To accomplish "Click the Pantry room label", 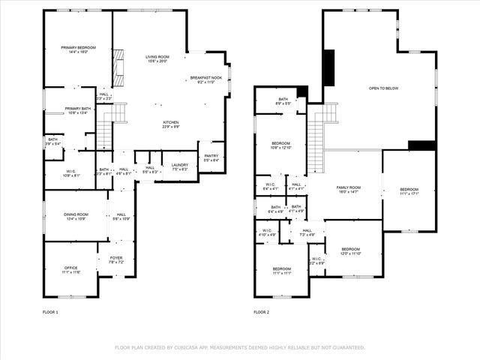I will pos(211,157).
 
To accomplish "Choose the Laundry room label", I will pos(179,166).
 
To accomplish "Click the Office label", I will pos(70,268).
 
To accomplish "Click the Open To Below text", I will pos(383,88).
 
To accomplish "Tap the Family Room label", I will pos(348,189).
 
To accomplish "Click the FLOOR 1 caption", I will pos(50,312).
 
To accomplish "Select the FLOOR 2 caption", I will pos(261,312).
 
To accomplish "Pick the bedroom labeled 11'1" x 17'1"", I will pos(409,190).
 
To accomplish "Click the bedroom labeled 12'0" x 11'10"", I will pos(351,251).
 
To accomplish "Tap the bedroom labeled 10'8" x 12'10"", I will pos(280,145).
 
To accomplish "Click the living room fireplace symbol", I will pos(117,67).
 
